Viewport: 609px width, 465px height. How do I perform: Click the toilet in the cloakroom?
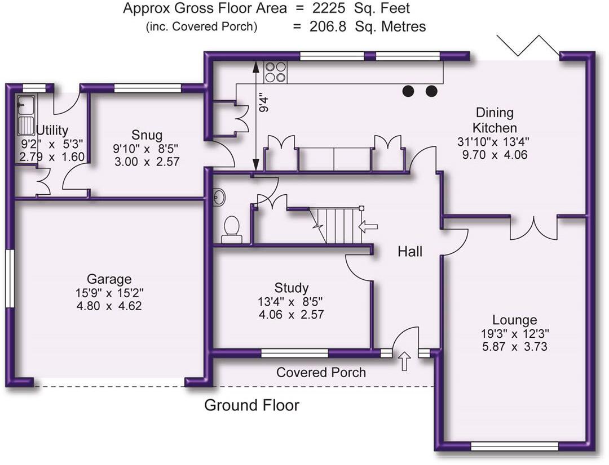[231, 229]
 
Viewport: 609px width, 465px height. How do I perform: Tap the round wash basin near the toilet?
[219, 197]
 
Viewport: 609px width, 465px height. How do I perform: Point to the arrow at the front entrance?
[404, 361]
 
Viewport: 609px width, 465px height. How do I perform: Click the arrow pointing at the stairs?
[368, 227]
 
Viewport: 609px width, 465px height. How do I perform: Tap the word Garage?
[109, 279]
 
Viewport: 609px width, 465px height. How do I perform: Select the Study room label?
[291, 288]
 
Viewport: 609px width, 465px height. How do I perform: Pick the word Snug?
[147, 135]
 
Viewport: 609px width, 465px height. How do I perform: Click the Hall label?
[410, 252]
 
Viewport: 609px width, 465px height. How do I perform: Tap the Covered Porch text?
[321, 372]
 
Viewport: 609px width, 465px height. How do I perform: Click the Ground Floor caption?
[251, 405]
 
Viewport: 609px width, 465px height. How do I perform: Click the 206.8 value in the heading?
[328, 26]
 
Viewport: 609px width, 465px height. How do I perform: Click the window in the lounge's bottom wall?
[514, 446]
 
